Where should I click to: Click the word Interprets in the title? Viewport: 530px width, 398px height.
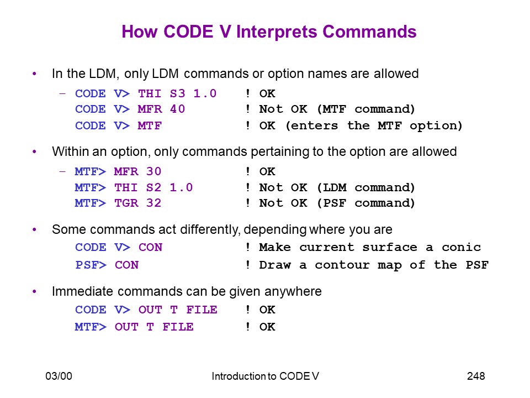tap(277, 32)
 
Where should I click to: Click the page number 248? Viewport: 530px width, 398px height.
tap(476, 376)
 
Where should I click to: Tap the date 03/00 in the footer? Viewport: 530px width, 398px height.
tap(59, 376)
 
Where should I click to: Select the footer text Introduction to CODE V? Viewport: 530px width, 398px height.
tap(266, 376)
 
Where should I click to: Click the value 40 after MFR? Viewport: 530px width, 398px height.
tap(177, 109)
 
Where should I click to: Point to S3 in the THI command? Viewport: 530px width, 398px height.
tap(177, 93)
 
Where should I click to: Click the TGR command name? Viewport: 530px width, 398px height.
tap(126, 203)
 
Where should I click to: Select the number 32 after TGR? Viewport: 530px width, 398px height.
tap(154, 203)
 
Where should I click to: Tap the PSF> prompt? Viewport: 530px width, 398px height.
tap(91, 265)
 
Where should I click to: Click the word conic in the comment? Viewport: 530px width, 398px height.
tap(462, 248)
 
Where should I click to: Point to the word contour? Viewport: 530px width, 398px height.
tap(342, 265)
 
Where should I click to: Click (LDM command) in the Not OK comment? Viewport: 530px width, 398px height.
tap(365, 187)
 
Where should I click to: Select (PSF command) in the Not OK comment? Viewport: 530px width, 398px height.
tap(365, 203)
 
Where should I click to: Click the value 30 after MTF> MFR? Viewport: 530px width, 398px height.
tap(154, 171)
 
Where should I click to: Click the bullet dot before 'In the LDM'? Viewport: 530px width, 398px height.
tap(34, 74)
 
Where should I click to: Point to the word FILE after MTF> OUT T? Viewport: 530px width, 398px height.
tap(178, 327)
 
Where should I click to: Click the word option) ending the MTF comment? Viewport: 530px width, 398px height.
tap(436, 126)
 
